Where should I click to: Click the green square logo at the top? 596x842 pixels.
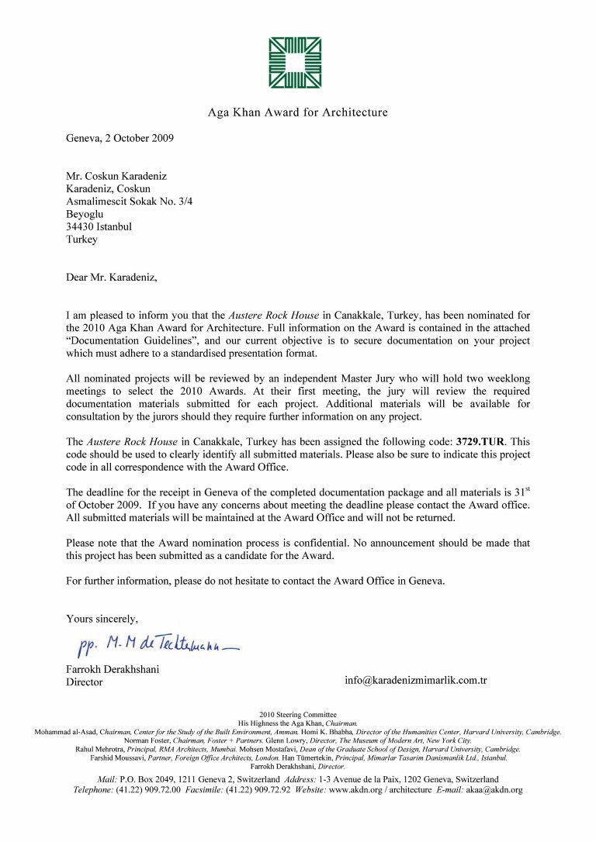click(x=297, y=63)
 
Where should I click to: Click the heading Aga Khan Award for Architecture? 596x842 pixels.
click(x=297, y=112)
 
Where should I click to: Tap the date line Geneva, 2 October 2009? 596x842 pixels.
click(x=120, y=139)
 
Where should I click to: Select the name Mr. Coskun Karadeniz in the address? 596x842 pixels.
click(x=116, y=176)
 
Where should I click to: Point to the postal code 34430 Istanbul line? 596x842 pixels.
click(x=99, y=227)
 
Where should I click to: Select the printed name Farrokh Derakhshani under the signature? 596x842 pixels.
click(x=113, y=669)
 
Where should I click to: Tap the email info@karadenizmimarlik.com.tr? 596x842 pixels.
click(x=415, y=680)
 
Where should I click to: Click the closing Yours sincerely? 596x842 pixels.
click(x=102, y=619)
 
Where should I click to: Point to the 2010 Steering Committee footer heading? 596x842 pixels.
click(x=297, y=714)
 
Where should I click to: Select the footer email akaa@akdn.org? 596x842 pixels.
click(x=495, y=790)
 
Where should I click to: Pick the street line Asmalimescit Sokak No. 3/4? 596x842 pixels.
click(x=129, y=202)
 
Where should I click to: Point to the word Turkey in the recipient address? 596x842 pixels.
click(x=81, y=240)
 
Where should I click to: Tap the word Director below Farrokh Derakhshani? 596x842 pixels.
click(x=84, y=682)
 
